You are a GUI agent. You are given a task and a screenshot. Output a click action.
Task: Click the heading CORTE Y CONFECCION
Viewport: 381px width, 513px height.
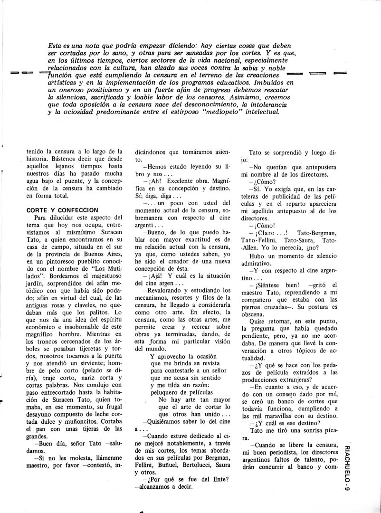point(62,209)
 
